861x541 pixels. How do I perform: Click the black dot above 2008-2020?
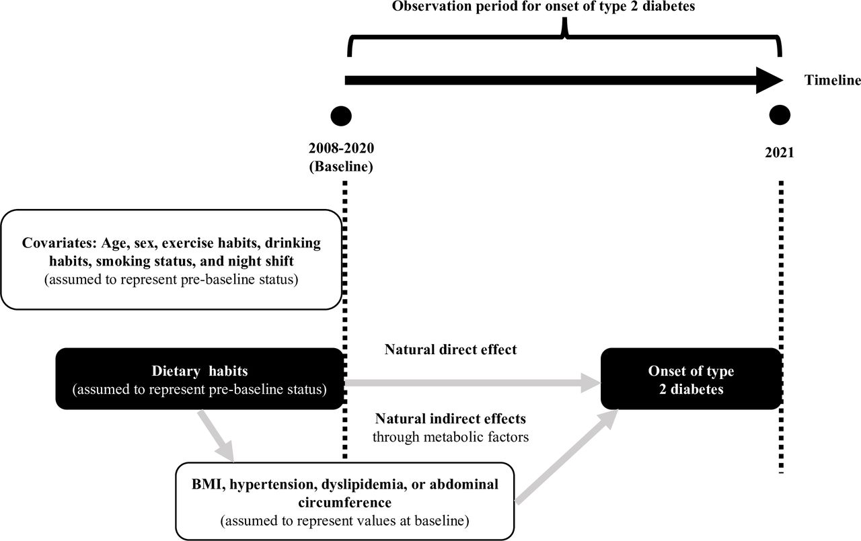342,116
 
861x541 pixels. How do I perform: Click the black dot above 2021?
779,116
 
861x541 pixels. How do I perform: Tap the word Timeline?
832,81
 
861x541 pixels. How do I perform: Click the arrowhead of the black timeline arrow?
768,80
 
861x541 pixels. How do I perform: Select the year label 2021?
779,152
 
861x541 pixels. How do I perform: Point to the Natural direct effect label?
451,349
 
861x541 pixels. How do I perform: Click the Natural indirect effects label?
451,419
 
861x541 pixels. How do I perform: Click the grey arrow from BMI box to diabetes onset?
565,459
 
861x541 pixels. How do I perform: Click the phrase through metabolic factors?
451,436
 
